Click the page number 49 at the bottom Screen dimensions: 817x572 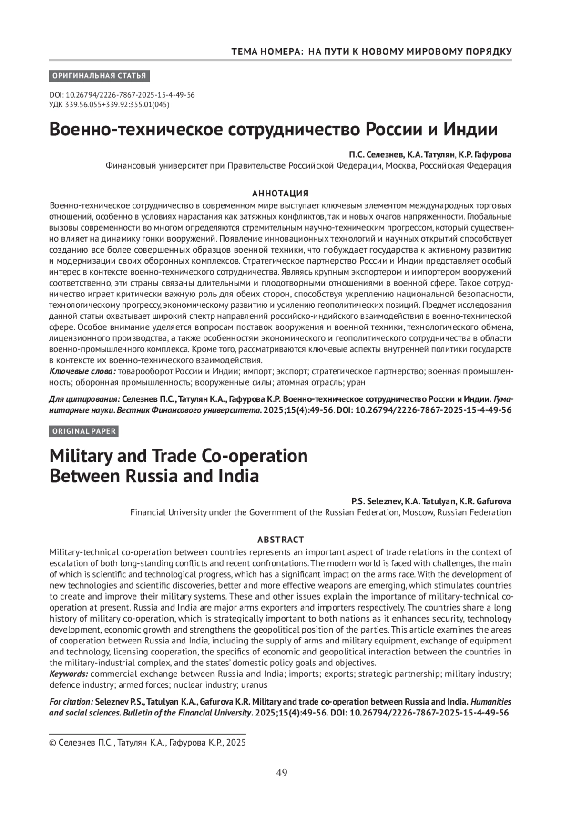point(281,773)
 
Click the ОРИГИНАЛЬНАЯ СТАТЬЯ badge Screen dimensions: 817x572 point(99,76)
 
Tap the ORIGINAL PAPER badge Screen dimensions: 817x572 point(84,431)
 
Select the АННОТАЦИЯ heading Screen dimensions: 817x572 point(280,194)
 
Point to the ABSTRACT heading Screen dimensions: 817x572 point(280,540)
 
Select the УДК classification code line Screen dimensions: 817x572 point(109,104)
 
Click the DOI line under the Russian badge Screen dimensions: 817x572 point(122,95)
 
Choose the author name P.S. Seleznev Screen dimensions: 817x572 point(376,501)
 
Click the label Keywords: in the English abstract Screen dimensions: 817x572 point(69,674)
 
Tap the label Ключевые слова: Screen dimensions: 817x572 point(82,371)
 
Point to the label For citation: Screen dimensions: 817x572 point(71,702)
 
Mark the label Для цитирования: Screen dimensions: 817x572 point(84,399)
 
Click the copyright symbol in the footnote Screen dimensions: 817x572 point(52,742)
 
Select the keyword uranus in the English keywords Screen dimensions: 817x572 point(254,685)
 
